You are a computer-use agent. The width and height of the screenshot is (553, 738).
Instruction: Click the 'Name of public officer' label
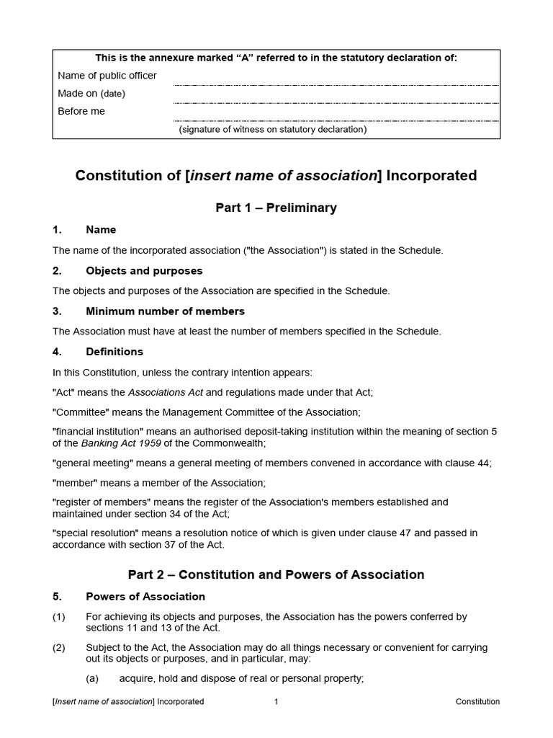click(x=107, y=76)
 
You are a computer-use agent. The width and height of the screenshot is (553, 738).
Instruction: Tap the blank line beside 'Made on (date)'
click(x=336, y=102)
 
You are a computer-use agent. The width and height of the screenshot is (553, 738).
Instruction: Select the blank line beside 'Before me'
click(x=336, y=120)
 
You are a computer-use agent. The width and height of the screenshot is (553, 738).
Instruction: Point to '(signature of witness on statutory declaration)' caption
click(x=273, y=130)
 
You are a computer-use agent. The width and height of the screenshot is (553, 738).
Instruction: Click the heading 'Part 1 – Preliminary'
click(x=276, y=208)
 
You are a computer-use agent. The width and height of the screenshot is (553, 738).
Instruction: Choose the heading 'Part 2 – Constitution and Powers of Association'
click(x=276, y=574)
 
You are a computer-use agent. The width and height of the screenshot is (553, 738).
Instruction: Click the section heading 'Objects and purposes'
click(x=144, y=271)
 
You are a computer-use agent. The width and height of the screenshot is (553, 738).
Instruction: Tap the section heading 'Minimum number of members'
click(x=165, y=311)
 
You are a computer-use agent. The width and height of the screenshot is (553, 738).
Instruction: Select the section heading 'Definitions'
click(x=114, y=352)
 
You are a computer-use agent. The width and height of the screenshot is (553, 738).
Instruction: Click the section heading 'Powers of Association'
click(x=145, y=597)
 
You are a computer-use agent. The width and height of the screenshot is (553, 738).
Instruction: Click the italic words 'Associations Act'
click(x=166, y=392)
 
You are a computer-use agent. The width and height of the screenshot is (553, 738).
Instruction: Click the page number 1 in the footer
click(x=276, y=701)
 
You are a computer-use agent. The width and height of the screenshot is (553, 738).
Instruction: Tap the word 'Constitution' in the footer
click(x=477, y=701)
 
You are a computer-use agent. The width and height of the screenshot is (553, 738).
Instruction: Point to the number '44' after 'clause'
click(x=483, y=463)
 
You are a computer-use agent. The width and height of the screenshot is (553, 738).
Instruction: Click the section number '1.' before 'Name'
click(x=58, y=230)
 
